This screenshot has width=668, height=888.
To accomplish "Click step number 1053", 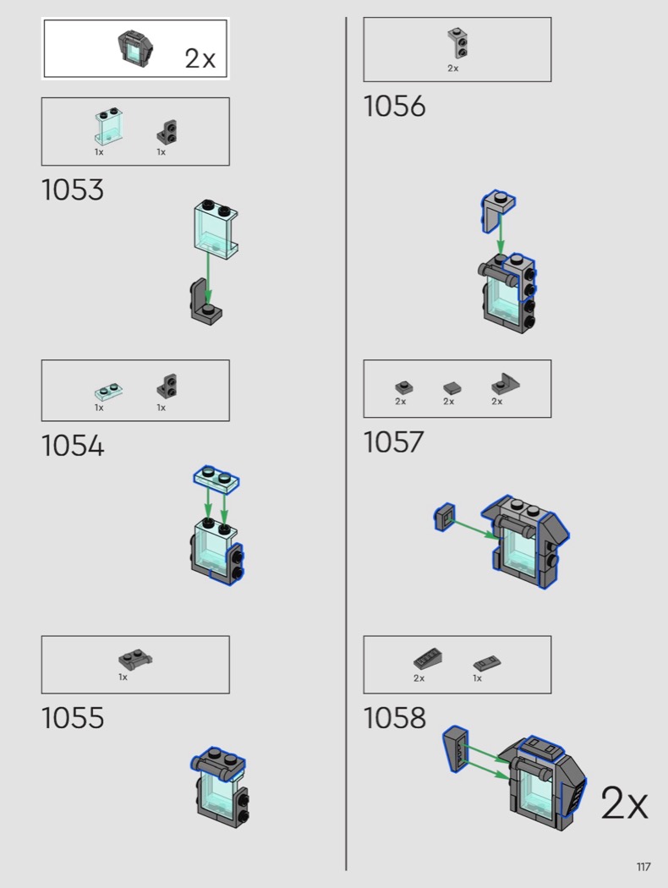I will click(73, 189).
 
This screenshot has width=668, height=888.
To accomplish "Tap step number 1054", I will click(73, 446).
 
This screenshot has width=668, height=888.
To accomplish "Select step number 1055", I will click(73, 718).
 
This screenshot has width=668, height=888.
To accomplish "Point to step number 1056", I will click(395, 107).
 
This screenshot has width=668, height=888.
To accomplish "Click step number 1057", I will click(394, 441).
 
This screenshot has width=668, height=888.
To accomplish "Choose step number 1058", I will click(395, 718).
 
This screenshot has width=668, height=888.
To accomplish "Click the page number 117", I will click(643, 867).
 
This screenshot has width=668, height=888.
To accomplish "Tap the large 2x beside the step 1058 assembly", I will click(624, 803).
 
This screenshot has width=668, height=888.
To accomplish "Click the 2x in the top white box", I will click(200, 58).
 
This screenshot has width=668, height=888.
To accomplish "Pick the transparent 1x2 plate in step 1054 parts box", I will click(108, 392).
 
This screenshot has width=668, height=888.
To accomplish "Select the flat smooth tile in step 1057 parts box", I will click(452, 388).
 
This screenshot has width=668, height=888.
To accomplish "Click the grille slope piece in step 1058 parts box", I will click(428, 659).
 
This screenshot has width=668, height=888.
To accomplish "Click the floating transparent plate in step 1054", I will click(217, 480).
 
